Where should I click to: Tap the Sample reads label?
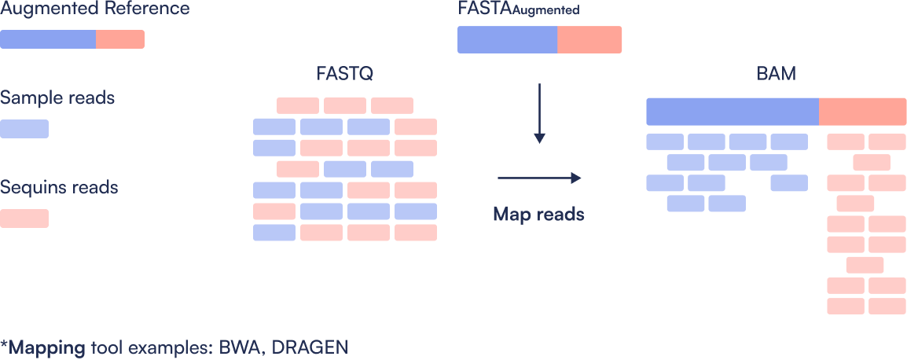pyautogui.click(x=58, y=98)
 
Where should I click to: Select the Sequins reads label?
pyautogui.click(x=60, y=188)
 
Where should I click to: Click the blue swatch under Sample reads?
pyautogui.click(x=24, y=129)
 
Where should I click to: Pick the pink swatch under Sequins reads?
pyautogui.click(x=24, y=219)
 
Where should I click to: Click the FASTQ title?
pyautogui.click(x=344, y=75)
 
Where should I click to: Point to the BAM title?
pyautogui.click(x=776, y=75)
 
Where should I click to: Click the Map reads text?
pyautogui.click(x=538, y=214)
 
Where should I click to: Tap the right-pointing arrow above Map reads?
pyautogui.click(x=538, y=178)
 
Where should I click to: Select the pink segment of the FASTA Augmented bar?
pyautogui.click(x=589, y=40)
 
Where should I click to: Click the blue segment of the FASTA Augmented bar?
pyautogui.click(x=508, y=40)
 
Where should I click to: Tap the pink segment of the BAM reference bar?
pyautogui.click(x=862, y=112)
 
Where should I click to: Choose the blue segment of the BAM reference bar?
pyautogui.click(x=733, y=112)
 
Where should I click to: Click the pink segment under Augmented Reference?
pyautogui.click(x=120, y=39)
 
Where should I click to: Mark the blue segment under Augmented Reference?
pyautogui.click(x=48, y=39)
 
